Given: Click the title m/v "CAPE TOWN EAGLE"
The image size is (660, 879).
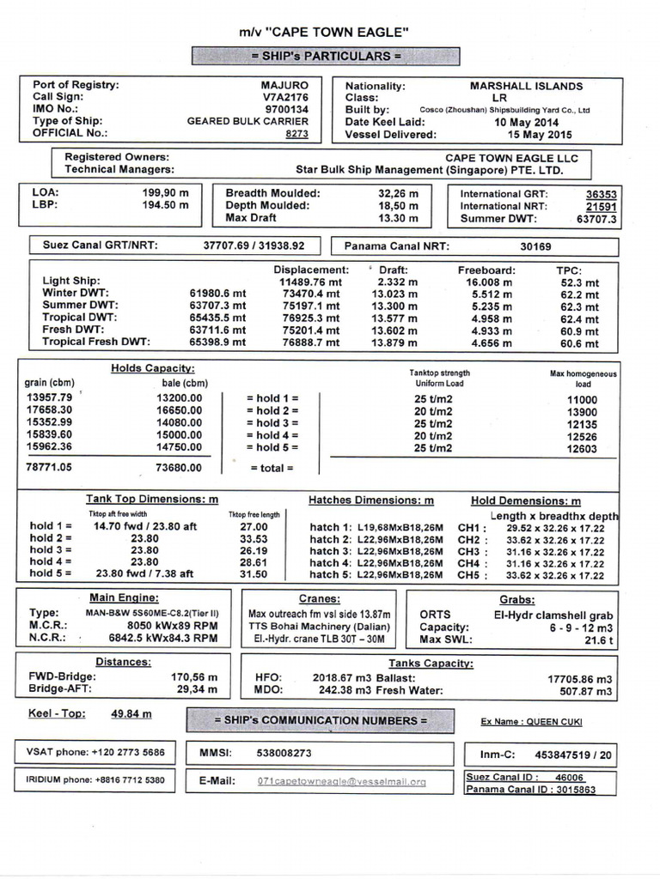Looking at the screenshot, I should (324, 33).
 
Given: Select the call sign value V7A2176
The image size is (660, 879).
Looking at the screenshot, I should (285, 98).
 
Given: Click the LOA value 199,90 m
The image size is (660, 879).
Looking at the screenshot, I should (165, 193).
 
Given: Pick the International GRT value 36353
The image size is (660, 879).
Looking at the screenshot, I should (601, 194).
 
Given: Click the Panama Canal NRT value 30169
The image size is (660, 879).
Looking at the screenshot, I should (535, 246).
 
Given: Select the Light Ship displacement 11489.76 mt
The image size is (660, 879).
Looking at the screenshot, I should (310, 282).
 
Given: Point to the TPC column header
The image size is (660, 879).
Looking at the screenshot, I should (569, 269).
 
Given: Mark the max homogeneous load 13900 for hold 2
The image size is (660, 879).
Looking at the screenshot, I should (582, 412).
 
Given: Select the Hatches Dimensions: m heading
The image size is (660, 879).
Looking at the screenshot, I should (371, 500).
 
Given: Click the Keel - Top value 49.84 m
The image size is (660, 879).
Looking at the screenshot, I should (131, 713).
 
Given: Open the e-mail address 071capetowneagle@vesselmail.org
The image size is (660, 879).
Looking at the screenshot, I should (341, 782).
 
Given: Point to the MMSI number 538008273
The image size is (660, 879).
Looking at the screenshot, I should (284, 753).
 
